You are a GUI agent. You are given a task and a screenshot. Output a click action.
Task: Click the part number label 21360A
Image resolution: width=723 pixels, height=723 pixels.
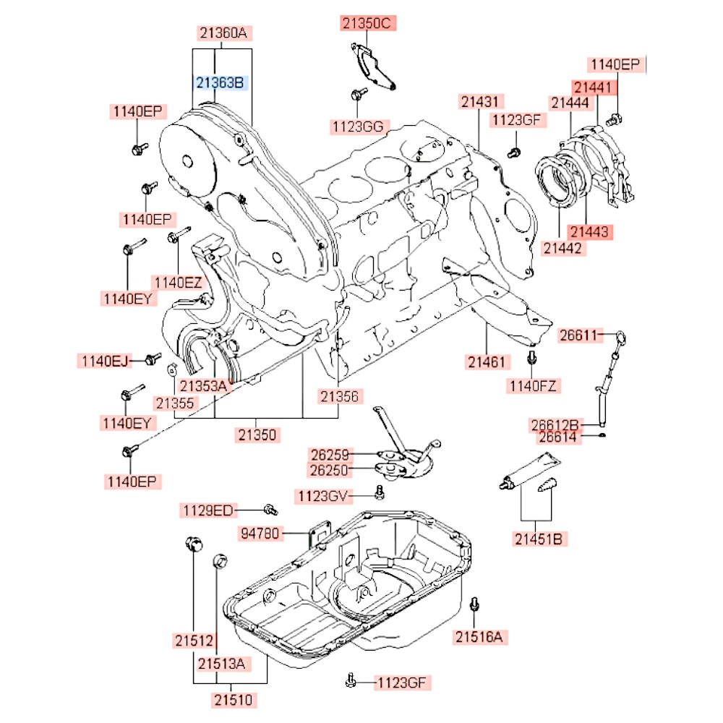point(223,33)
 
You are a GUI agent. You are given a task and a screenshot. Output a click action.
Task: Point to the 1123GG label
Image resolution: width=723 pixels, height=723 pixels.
point(357,127)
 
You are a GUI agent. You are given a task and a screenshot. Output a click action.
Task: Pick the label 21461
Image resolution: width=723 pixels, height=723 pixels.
point(486,360)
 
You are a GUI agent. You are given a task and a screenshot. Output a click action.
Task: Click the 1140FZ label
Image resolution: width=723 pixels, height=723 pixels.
point(533,385)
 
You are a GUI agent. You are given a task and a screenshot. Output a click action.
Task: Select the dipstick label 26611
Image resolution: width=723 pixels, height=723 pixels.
point(578,335)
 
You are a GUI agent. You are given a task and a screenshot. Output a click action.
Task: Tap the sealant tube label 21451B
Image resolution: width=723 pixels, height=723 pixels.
point(539,539)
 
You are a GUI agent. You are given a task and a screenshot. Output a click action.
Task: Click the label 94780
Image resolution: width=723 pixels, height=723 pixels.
point(261,534)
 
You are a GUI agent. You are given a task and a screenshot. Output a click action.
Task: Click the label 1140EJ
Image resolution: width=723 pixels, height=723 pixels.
point(103,360)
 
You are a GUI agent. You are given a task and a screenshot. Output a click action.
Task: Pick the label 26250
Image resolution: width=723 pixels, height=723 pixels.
point(330,471)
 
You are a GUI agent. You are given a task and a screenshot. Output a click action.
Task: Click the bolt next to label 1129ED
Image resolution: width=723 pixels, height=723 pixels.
point(270,510)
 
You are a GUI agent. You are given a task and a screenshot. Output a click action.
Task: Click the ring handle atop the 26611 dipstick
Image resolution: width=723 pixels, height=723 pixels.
point(621,335)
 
